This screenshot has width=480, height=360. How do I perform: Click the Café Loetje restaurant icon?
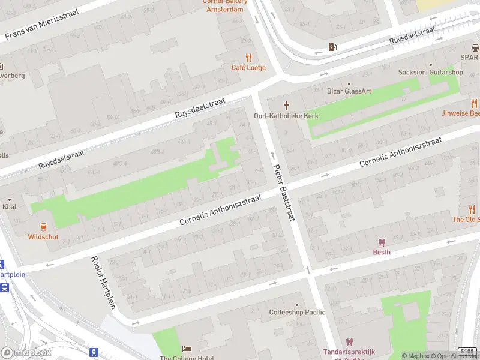pos(248,58)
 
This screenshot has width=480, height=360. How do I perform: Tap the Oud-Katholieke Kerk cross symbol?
pos(286,106)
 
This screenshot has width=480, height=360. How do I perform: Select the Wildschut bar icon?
pos(43,227)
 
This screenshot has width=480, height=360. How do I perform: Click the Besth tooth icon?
pos(381,242)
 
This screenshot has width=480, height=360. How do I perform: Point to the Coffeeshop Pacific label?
pos(296,312)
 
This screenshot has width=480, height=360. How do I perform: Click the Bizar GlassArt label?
pos(349,91)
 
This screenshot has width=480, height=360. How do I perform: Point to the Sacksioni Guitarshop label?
pos(430,72)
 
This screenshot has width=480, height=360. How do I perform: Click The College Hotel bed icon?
pos(187,349)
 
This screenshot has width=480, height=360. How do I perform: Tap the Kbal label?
pos(9,207)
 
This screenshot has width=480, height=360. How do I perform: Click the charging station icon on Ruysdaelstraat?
pos(332,47)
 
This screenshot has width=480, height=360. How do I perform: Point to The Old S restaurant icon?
pos(472,209)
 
